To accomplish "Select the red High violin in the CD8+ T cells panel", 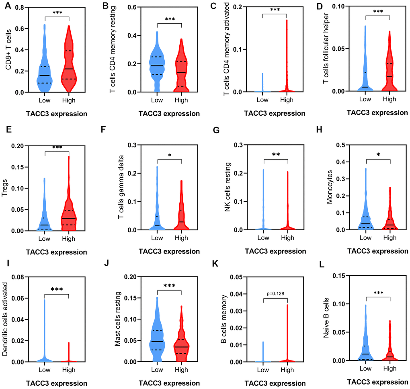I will point(69,64).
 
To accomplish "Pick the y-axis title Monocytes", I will point(330,191).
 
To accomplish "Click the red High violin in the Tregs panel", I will point(69,209).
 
